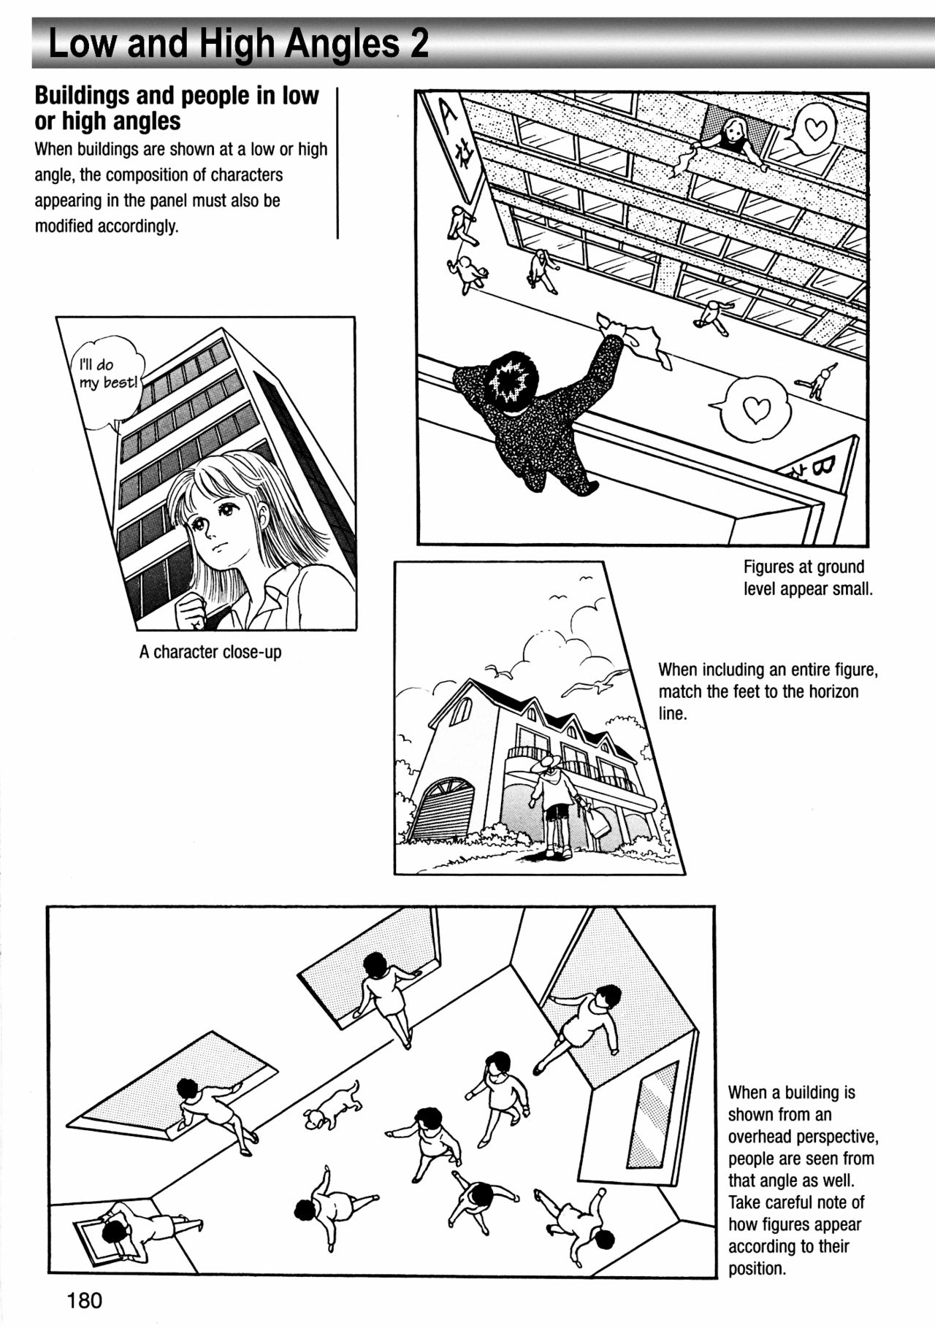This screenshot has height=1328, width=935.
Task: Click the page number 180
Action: pos(85,1300)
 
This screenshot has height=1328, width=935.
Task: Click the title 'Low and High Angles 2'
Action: pos(238,44)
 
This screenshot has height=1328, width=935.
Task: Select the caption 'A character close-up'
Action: pos(210,652)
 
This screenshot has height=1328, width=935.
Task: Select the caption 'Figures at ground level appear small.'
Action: pos(808,577)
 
